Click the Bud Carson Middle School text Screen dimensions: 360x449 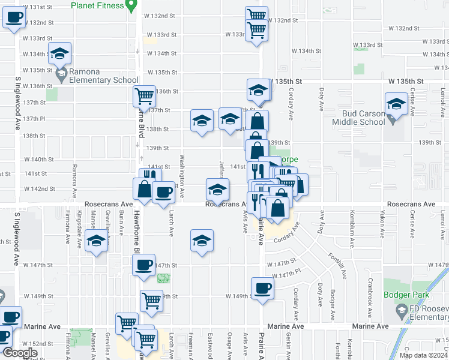(364, 118)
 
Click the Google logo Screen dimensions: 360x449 (19, 353)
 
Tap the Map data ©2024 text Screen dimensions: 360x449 (423, 355)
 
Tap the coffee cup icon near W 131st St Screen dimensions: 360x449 (13, 17)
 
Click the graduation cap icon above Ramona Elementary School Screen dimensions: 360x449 (59, 53)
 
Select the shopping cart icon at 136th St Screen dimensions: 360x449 (144, 95)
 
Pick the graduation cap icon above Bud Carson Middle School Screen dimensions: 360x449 (396, 103)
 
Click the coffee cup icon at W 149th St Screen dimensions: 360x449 (262, 287)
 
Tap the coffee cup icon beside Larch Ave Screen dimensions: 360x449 (163, 192)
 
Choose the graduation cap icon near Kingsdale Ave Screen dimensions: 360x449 (96, 241)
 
